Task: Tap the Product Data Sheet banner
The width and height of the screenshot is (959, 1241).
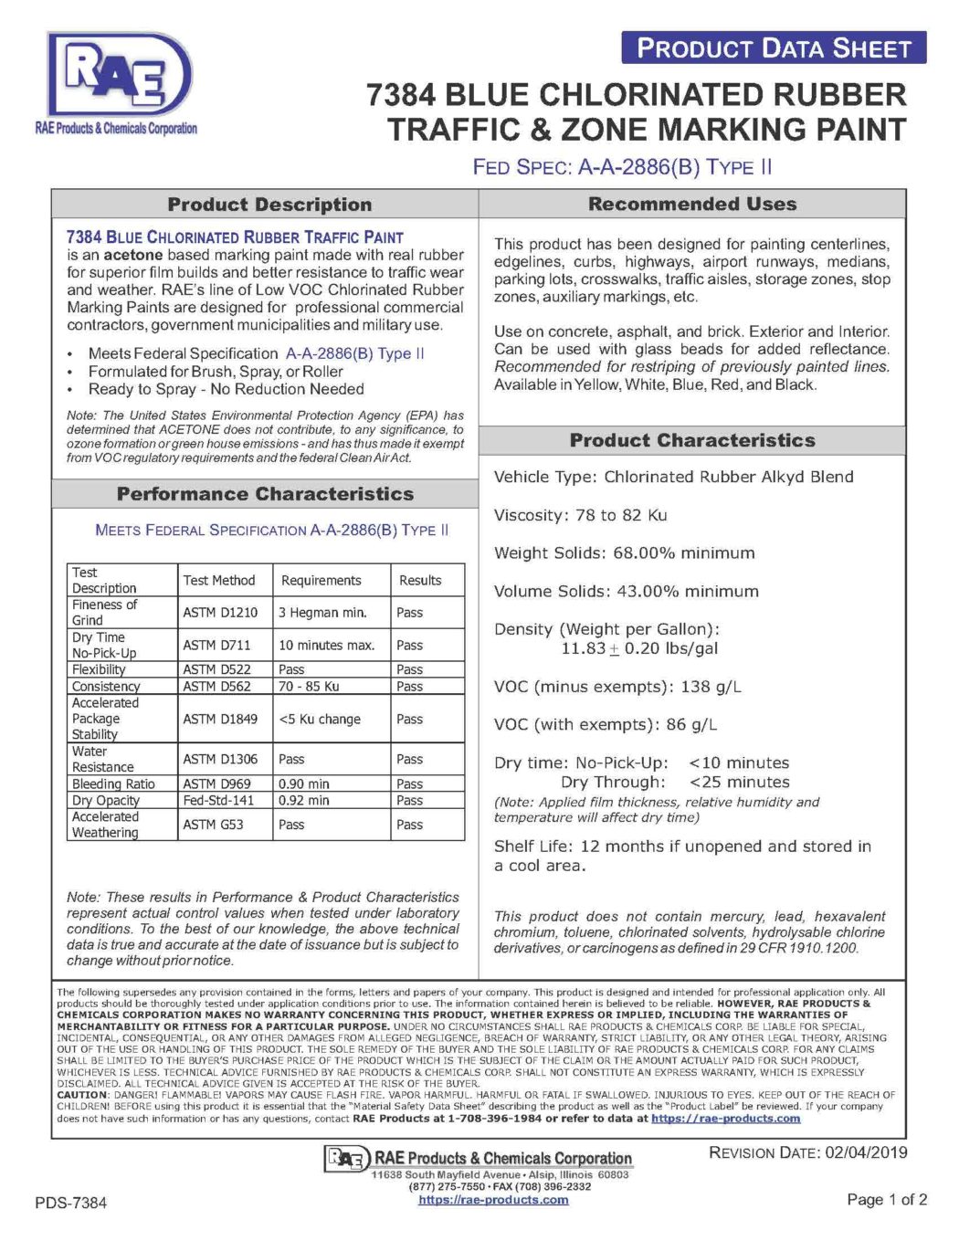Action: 774,48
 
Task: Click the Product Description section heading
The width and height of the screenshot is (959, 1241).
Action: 269,205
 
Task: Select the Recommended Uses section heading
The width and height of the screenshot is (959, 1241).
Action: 692,204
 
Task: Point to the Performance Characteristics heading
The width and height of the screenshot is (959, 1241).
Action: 265,494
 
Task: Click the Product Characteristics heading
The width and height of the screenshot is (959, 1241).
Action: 692,440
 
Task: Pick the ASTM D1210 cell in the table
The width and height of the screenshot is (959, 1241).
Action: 220,613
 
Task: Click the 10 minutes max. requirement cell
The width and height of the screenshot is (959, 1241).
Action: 326,646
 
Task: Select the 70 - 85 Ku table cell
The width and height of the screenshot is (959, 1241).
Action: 309,687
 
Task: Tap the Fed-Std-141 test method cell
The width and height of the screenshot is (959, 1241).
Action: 218,801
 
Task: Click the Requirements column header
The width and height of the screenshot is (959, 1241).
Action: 321,581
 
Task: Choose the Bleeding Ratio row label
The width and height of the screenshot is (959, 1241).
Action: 113,784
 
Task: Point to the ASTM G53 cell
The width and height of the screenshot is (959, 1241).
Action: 213,825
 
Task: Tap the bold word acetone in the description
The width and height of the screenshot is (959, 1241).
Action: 132,255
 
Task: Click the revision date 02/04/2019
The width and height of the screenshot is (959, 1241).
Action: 866,1152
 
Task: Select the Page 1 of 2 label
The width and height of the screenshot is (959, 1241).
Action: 887,1200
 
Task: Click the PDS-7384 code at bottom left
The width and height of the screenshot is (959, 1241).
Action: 71,1203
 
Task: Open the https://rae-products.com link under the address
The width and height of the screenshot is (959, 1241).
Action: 493,1200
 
